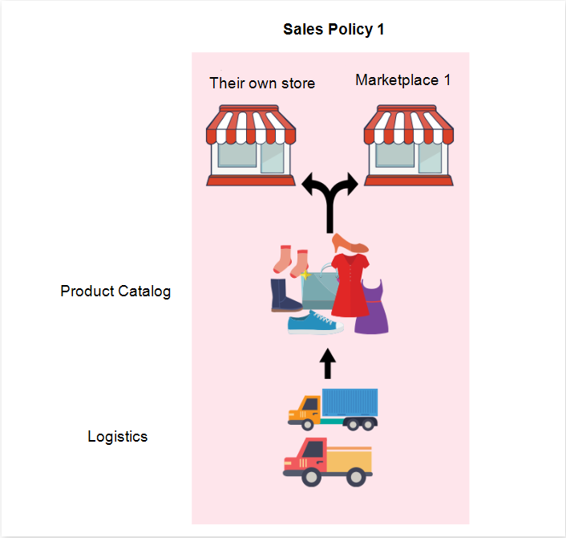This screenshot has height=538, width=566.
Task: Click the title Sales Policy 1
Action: [334, 30]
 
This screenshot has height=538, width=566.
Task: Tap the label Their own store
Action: [262, 83]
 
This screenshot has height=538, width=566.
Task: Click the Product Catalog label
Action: [115, 291]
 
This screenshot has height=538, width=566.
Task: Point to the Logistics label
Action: [117, 437]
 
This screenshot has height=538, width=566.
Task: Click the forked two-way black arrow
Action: [329, 200]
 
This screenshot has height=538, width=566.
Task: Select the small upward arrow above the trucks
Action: [326, 364]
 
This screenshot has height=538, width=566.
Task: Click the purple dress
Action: [373, 309]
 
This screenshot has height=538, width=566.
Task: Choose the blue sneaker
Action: [315, 323]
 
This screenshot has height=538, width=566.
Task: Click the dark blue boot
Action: [285, 295]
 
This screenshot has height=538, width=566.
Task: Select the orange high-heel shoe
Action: [350, 243]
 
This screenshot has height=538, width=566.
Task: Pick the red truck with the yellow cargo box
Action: [327, 462]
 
